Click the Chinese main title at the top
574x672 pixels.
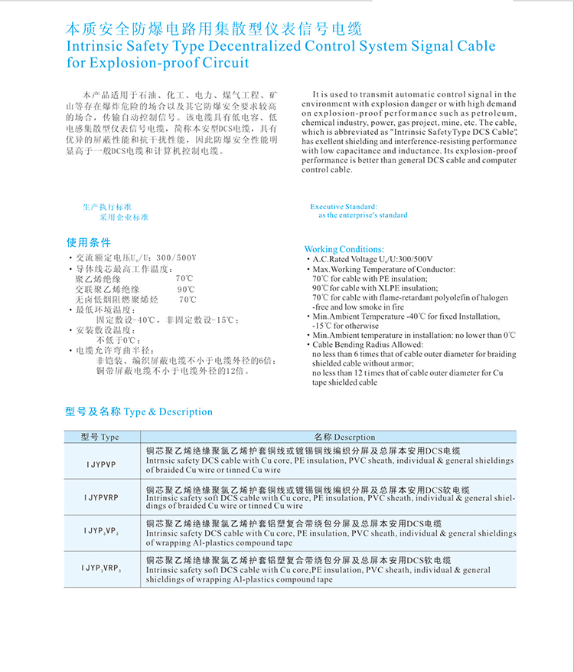[x=213, y=29]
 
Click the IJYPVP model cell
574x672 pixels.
[x=101, y=464]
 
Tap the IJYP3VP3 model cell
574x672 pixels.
[x=101, y=531]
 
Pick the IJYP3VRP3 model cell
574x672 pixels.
[x=101, y=568]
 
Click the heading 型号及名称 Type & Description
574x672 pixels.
[x=139, y=411]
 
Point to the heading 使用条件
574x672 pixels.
[x=89, y=242]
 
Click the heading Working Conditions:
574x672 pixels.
[x=344, y=249]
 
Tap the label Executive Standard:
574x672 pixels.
[x=344, y=207]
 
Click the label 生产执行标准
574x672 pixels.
[x=107, y=207]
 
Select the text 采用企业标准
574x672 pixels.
[x=123, y=217]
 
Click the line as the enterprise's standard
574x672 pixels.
[x=363, y=215]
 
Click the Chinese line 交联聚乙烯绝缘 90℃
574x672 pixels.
[x=135, y=289]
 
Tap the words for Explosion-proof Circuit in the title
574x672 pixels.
[x=158, y=63]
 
